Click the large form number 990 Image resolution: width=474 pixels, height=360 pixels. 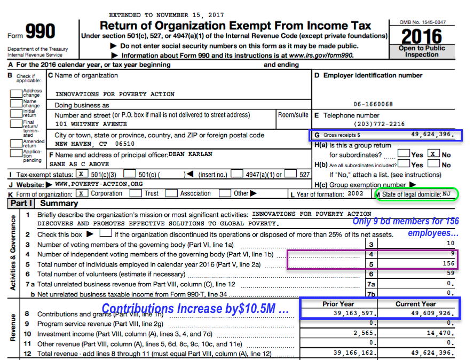coord(41,32)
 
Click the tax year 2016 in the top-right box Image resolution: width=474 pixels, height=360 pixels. coord(421,36)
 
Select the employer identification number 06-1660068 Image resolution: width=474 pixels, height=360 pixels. coord(373,104)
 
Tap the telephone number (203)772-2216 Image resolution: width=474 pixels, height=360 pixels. coord(378,124)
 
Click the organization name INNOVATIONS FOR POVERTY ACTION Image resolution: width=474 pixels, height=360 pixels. coord(115,94)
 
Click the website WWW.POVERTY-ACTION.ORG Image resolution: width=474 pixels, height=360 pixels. coord(99,184)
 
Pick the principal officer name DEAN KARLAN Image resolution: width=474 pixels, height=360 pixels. coord(191,154)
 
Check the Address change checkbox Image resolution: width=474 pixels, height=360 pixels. coord(16,93)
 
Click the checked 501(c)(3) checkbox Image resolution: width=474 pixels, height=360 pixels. coord(81,174)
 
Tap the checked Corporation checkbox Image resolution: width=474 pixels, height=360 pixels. coord(81,193)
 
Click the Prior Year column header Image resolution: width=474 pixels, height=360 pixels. coord(338,304)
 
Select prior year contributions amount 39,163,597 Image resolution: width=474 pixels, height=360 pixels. coord(354,314)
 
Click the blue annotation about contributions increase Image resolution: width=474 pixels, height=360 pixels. coord(195,309)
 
